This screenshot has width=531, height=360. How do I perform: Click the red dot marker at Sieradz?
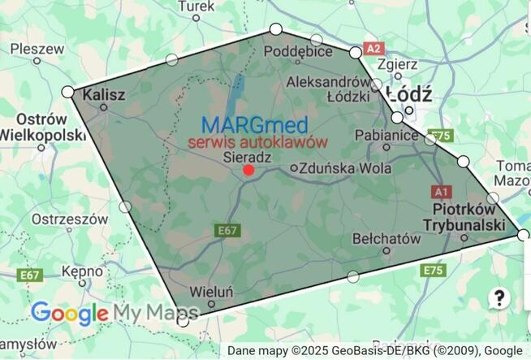[248, 170]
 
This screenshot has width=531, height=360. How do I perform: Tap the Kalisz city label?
[105, 95]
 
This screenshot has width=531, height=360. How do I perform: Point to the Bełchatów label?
[387, 239]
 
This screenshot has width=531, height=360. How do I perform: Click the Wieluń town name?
[210, 291]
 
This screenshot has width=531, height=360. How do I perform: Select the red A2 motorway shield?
[373, 48]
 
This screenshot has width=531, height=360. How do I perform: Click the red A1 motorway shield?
[441, 192]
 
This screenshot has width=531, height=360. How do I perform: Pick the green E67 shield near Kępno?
[30, 275]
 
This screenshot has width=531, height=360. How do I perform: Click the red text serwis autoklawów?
[257, 141]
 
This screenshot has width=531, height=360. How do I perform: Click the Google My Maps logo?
[114, 313]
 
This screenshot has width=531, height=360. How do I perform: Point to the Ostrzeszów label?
[70, 219]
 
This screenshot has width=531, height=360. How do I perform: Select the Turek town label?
[196, 7]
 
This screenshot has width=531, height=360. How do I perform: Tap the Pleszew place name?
[37, 49]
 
